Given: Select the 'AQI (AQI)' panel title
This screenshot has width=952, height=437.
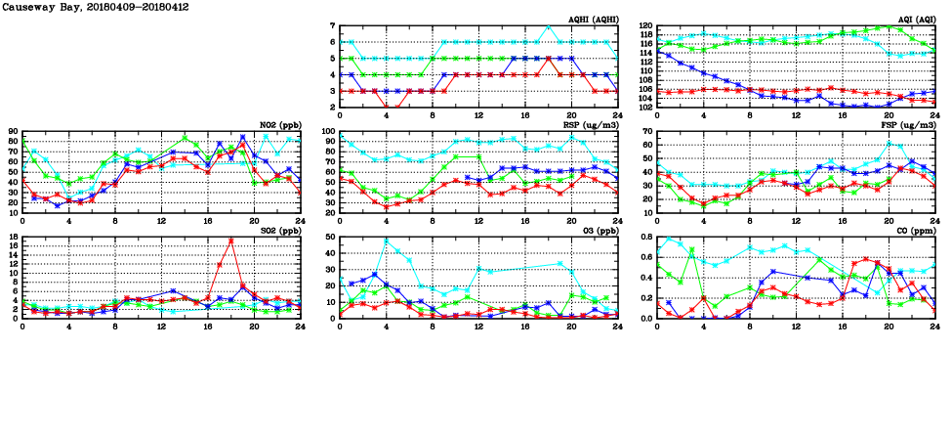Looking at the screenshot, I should (915, 19).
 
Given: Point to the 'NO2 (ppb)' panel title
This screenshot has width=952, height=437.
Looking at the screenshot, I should (280, 124).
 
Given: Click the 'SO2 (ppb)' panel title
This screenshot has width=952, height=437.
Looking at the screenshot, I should (280, 230).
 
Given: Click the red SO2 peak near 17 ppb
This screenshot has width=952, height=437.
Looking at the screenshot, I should (230, 240).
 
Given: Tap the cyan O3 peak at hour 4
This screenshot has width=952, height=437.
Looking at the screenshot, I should (386, 240).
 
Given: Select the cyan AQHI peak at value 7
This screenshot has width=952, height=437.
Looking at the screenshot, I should (549, 25).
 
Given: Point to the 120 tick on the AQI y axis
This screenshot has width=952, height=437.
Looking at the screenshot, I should (645, 26).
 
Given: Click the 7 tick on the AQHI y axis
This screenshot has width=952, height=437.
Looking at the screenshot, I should (332, 26).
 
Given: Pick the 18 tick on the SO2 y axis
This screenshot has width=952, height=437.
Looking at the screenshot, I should (13, 237).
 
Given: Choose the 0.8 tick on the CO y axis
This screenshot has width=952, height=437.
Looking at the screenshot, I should (645, 237).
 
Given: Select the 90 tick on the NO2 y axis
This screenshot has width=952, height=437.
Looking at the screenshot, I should (13, 131).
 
